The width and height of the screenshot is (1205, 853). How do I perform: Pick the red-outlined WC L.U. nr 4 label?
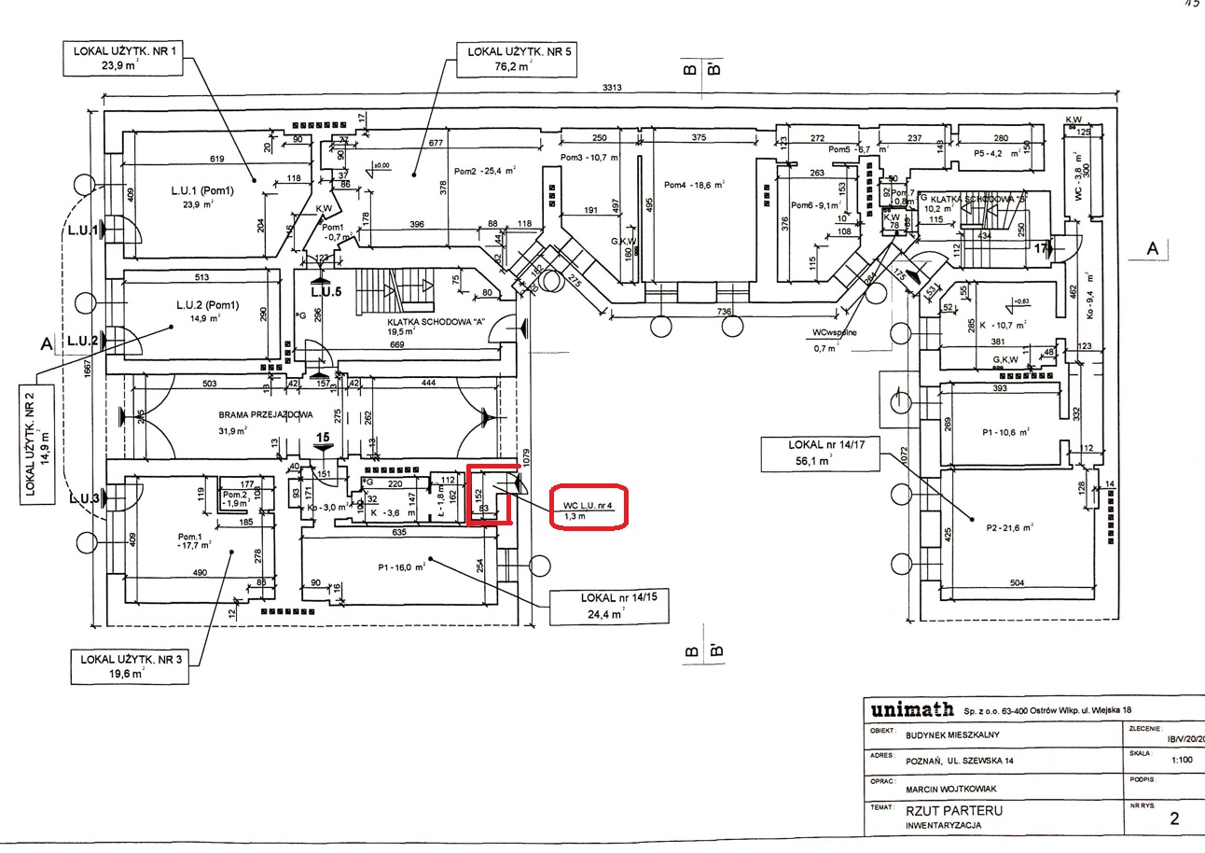(x=588, y=509)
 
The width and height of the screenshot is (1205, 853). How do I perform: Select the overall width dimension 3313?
(x=612, y=88)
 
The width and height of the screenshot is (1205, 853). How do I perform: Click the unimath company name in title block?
(x=911, y=710)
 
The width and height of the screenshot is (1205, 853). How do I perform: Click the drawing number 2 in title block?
(x=1174, y=819)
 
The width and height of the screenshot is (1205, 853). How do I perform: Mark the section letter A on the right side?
(x=1153, y=249)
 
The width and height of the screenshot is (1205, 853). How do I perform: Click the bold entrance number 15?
(x=324, y=437)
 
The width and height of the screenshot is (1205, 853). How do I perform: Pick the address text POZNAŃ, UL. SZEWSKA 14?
(x=963, y=761)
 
